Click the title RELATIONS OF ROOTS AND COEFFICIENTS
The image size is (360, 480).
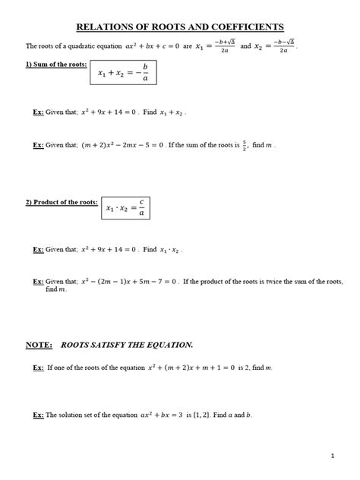[180, 27]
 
